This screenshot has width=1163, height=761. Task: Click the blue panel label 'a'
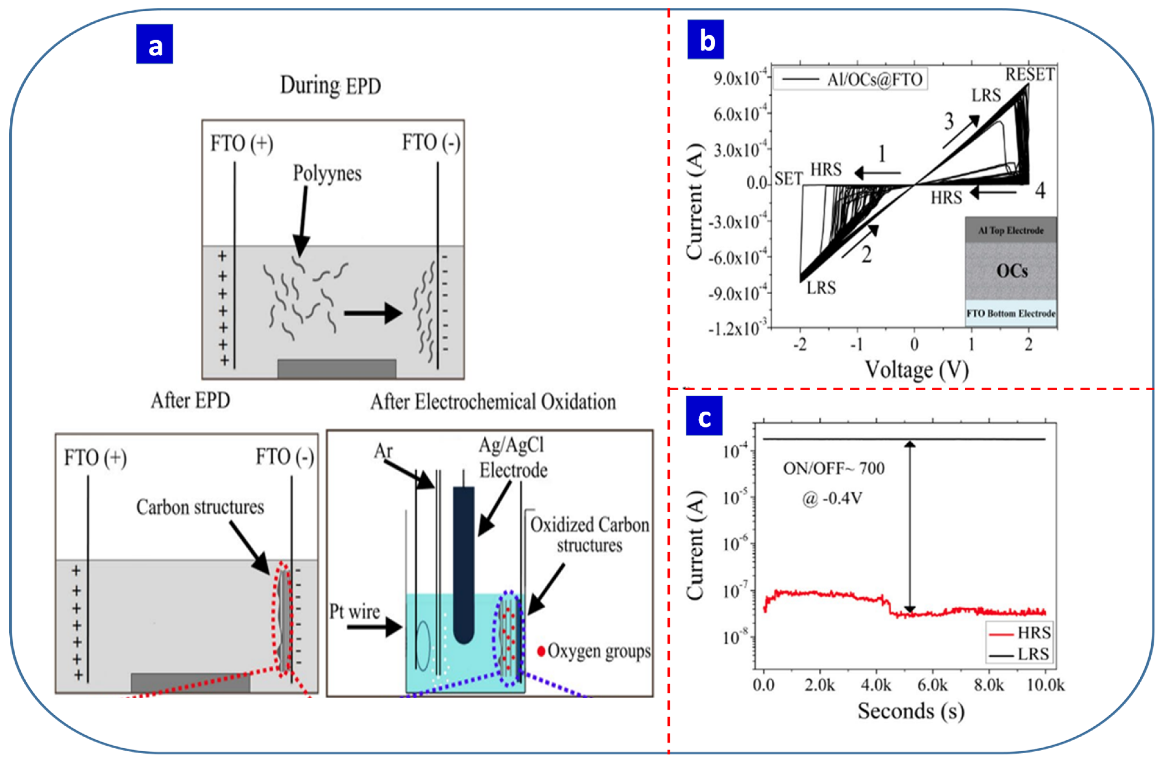coord(154,44)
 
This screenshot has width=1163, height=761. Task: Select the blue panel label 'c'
coord(704,416)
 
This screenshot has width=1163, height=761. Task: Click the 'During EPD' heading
coord(330,86)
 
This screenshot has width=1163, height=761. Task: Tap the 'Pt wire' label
coord(354,612)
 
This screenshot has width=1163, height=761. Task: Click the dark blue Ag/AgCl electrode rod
coord(463,562)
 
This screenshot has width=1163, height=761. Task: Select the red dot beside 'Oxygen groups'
coord(541,651)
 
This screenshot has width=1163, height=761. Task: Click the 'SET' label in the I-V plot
coord(788,179)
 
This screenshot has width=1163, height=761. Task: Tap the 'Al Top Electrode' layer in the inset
coord(1011,230)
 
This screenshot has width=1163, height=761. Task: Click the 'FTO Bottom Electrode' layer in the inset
coord(1011,313)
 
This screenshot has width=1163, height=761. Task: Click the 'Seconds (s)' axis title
coord(911,711)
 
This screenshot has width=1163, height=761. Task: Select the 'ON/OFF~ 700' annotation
coord(834,468)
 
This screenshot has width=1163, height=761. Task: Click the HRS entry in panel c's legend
coord(1019,633)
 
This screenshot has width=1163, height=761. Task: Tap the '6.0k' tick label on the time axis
coord(932,685)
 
